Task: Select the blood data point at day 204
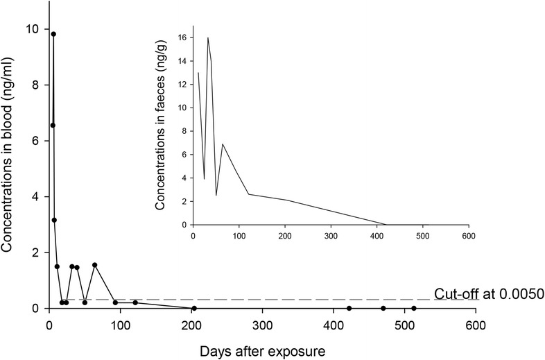[194, 308]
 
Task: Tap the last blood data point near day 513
[414, 308]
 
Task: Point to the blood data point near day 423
[349, 308]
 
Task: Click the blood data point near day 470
[383, 308]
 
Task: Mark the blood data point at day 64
[94, 265]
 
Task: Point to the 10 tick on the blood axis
[35, 29]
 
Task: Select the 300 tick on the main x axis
[262, 323]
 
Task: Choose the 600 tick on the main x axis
[475, 323]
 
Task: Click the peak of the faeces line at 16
[207, 37]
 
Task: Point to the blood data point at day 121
[135, 302]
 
